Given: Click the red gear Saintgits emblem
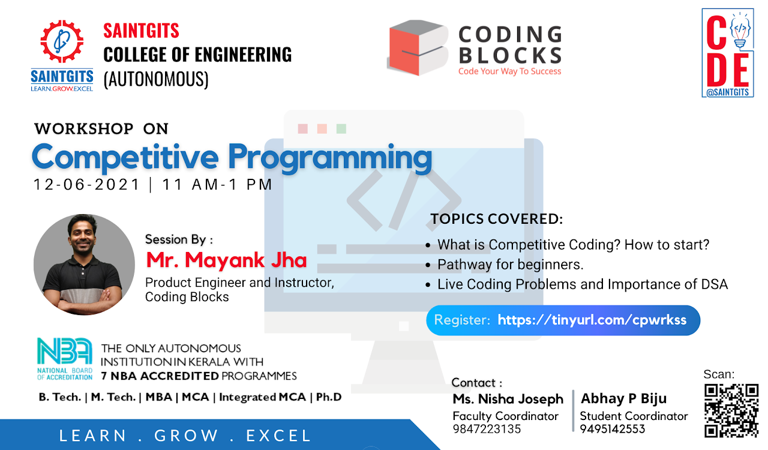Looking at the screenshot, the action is click(62, 41).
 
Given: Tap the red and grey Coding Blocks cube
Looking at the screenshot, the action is click(418, 47).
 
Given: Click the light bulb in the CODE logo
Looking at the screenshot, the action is click(740, 30).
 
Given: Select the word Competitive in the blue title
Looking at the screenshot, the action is click(125, 157).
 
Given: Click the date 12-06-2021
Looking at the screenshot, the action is click(87, 185).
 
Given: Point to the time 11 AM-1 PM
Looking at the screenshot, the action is click(217, 185).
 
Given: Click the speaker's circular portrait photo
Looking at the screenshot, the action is click(85, 265).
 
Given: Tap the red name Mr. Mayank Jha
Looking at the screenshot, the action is click(226, 260).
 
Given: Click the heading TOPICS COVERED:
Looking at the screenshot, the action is click(497, 219).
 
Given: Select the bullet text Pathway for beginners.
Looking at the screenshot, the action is click(510, 265).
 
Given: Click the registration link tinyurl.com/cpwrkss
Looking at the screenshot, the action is click(592, 320).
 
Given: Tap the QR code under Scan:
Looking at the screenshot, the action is click(731, 411).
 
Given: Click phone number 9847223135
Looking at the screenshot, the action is click(487, 429).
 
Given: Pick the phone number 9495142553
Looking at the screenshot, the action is click(613, 429).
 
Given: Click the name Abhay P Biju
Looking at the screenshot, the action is click(623, 398).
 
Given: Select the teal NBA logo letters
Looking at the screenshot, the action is click(65, 351).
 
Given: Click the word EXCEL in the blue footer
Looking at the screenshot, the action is click(278, 436).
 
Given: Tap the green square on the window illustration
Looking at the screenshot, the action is click(341, 129).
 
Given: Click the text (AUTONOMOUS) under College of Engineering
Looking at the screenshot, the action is click(156, 79).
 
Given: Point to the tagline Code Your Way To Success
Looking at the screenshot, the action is click(509, 71).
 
